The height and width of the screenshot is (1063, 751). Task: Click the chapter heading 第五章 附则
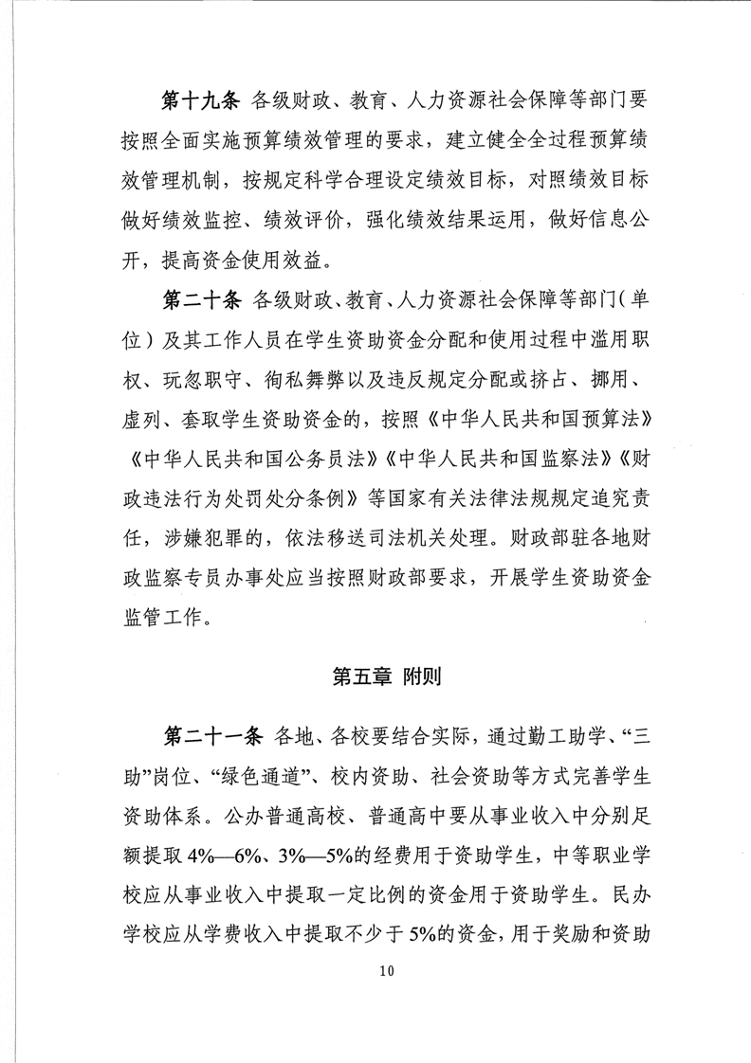click(x=375, y=677)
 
